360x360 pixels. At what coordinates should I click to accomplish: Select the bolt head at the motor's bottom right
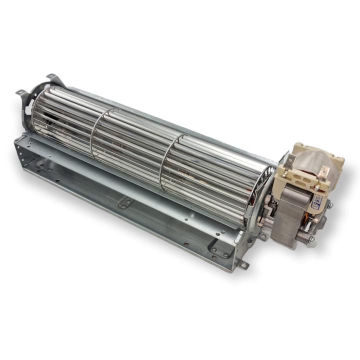pos(311,239)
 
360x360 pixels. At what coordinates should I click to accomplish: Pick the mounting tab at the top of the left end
pos(51,77)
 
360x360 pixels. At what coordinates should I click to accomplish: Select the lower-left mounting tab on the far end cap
pos(20,92)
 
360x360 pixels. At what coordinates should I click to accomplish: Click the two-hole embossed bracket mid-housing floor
pos(125,203)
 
